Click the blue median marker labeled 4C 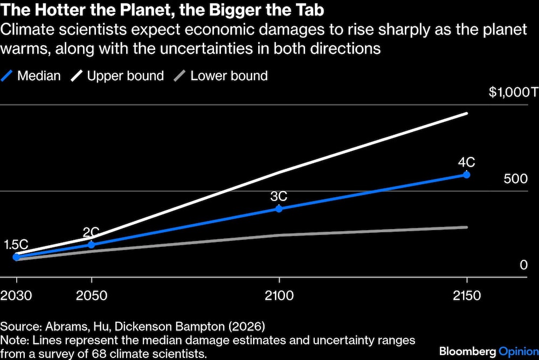coord(466,175)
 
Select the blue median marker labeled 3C coord(279,209)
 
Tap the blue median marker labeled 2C coord(91,245)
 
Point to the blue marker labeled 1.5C coord(16,257)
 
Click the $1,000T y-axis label coord(513,92)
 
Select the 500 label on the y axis coord(515,179)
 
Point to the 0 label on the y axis coord(523,265)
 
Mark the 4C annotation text coord(467,161)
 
